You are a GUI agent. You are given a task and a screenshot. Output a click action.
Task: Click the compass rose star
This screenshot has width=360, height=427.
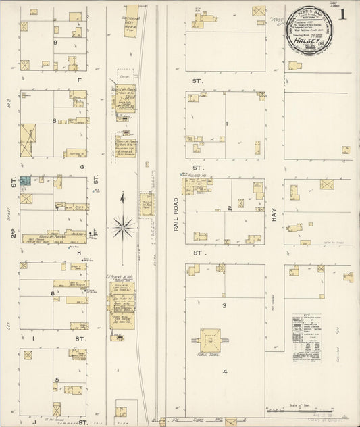[x=122, y=227]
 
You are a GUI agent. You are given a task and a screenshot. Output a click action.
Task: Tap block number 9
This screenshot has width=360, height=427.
[x=54, y=42]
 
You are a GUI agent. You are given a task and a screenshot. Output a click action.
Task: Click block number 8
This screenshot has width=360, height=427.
[x=53, y=121]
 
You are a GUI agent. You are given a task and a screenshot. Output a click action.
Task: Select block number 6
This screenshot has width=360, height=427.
[x=52, y=293]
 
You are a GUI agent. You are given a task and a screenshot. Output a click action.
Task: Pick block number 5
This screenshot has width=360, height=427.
[x=57, y=379]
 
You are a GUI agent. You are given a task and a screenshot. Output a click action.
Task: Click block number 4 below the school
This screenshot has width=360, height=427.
[x=226, y=371]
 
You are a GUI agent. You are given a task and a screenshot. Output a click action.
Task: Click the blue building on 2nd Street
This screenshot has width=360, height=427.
[x=25, y=180]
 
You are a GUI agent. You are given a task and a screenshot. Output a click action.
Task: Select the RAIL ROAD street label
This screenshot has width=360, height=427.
[x=175, y=215]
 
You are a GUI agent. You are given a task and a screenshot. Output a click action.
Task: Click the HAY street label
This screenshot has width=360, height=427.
[x=275, y=214]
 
